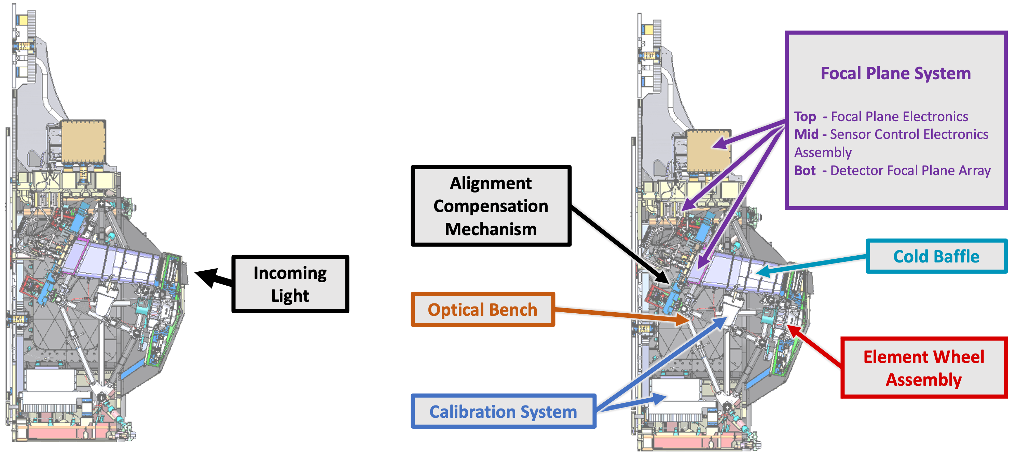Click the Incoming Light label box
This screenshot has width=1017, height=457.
[290, 284]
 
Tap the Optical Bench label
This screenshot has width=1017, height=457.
[482, 310]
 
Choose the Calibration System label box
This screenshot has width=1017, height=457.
[503, 411]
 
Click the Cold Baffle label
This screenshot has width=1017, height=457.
[936, 256]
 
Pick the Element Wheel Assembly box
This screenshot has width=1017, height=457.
[923, 368]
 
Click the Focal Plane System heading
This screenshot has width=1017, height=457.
[895, 73]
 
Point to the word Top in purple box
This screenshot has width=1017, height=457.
[805, 117]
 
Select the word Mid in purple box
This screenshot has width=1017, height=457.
[806, 134]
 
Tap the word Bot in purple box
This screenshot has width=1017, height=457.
[805, 170]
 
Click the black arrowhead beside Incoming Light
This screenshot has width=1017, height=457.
[207, 276]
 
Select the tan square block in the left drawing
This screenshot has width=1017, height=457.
[83, 141]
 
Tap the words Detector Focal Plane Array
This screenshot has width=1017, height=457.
[910, 170]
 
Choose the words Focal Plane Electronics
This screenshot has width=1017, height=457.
[899, 117]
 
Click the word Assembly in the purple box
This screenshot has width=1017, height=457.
[823, 152]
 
